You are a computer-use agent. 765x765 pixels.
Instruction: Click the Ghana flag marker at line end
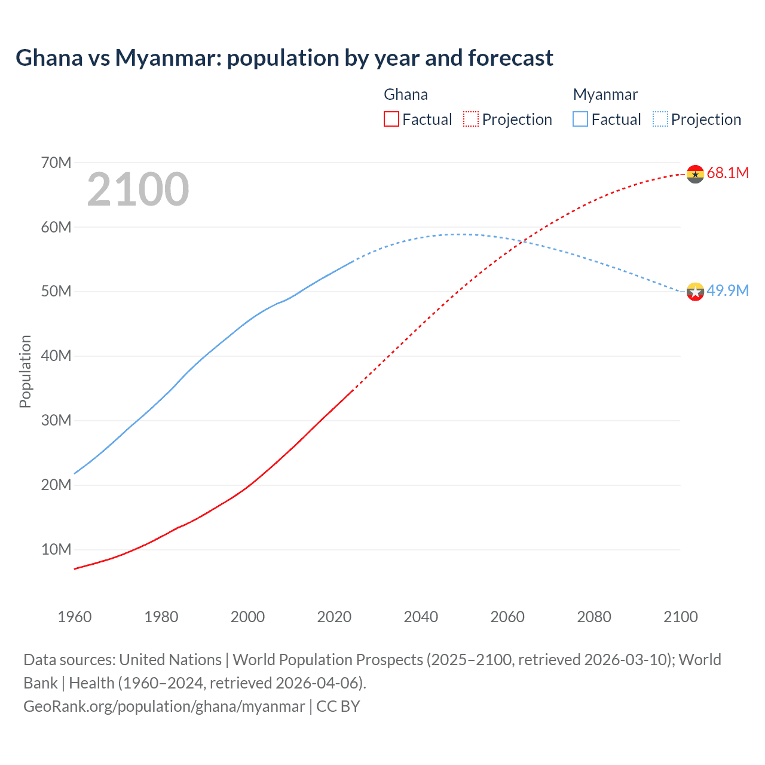coord(695,174)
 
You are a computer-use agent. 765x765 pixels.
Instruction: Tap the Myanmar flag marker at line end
coord(695,292)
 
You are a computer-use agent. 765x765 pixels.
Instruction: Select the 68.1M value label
coord(727,173)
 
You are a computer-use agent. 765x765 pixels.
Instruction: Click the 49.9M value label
coord(727,291)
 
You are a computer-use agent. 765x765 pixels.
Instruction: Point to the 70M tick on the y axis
coord(56,163)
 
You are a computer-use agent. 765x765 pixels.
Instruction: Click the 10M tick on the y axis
coord(56,549)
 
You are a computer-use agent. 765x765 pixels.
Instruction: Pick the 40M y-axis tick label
coord(56,356)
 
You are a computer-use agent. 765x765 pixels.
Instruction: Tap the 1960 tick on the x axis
coord(75,617)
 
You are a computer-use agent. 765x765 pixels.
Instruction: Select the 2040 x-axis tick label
coord(421,617)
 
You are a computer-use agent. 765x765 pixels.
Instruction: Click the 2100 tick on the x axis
coord(680,617)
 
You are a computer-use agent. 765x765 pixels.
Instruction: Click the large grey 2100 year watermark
coord(138,189)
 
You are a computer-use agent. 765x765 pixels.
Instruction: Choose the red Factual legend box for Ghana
coord(391,120)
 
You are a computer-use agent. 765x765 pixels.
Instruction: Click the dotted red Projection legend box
coord(471,120)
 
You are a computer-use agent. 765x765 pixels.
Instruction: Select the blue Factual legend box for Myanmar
coord(580,120)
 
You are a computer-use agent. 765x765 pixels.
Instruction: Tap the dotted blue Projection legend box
coord(660,120)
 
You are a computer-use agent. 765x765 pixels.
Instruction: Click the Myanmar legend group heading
coord(605,94)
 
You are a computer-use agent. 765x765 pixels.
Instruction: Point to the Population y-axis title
coord(25,371)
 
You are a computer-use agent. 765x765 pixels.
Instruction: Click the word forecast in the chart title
coord(510,58)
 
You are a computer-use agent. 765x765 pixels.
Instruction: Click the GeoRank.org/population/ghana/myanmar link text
coord(164,706)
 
